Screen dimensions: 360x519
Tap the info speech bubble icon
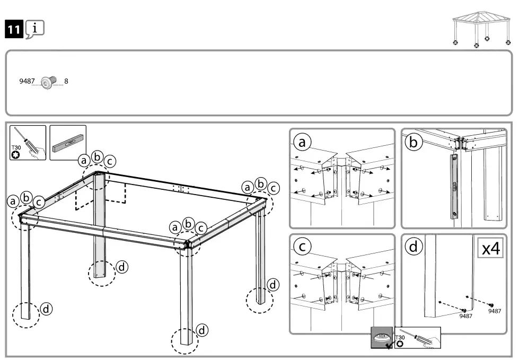point(34,29)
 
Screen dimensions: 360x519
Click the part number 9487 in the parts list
point(27,82)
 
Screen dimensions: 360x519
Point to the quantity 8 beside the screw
point(66,82)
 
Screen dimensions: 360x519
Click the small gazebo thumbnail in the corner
point(480,30)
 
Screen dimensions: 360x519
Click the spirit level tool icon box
point(67,143)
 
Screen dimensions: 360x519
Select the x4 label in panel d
point(490,248)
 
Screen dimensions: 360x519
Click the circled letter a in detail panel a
point(303,142)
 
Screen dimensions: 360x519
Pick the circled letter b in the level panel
point(413,142)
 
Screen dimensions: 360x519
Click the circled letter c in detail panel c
point(303,247)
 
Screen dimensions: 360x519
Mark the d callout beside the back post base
point(122,267)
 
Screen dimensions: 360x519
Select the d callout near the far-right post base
point(273,285)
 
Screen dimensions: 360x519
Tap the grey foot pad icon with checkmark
point(382,338)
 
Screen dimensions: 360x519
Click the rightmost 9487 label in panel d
point(494,311)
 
